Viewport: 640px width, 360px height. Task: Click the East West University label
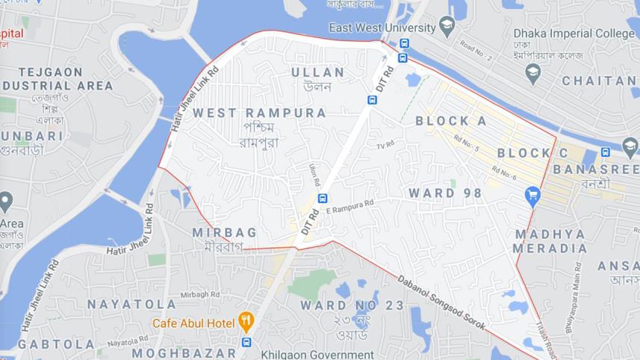coord(382,28)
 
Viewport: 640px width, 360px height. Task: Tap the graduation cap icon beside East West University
coord(447,27)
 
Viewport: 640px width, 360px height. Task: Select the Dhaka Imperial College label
coord(574,34)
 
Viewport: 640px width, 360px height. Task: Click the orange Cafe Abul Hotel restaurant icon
coord(246,323)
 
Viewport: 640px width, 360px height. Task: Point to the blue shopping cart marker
coord(532,196)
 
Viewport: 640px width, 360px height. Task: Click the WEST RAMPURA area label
coord(259,113)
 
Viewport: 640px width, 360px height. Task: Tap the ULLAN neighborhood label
coord(317,72)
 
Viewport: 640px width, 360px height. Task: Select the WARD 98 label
coord(445,193)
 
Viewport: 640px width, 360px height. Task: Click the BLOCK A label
coord(451,121)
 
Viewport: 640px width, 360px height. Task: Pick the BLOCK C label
coord(532,153)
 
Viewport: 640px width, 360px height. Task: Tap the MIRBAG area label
coord(224,232)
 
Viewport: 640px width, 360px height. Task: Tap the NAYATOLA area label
coord(131,304)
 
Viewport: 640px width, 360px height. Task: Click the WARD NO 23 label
coord(352,305)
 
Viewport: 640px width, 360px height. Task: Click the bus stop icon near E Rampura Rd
coord(322,198)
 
